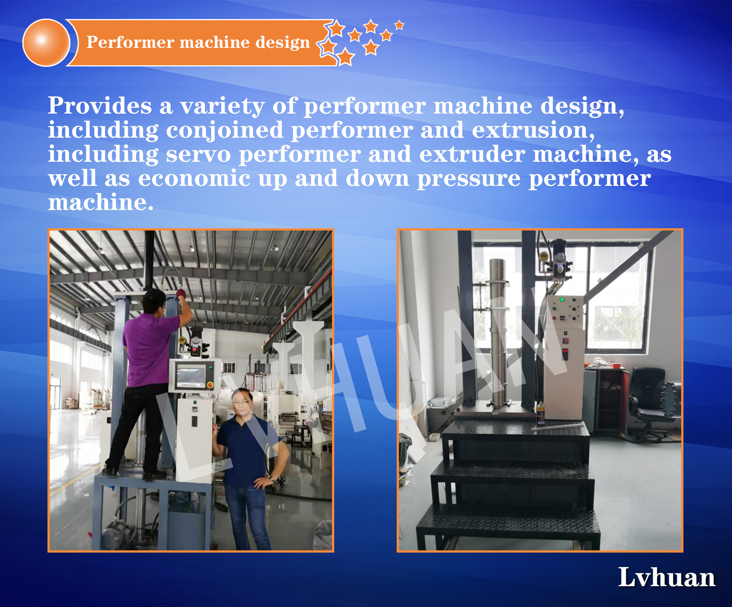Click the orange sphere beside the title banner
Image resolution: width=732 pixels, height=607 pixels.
pyautogui.click(x=46, y=43)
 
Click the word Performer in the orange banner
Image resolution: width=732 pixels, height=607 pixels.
pyautogui.click(x=130, y=42)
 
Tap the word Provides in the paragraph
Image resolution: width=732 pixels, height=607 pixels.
pyautogui.click(x=100, y=106)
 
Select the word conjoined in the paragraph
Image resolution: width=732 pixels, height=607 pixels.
pyautogui.click(x=225, y=130)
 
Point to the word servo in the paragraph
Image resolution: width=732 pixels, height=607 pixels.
pyautogui.click(x=198, y=154)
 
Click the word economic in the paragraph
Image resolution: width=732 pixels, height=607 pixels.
pyautogui.click(x=194, y=179)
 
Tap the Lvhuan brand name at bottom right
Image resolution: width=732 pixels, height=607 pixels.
pyautogui.click(x=667, y=577)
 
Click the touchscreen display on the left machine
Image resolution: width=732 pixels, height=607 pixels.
pyautogui.click(x=191, y=377)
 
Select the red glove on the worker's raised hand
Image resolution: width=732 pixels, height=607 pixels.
pyautogui.click(x=181, y=293)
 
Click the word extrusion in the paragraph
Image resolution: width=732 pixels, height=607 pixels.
pyautogui.click(x=533, y=130)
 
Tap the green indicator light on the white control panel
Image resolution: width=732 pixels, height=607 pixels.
pyautogui.click(x=562, y=300)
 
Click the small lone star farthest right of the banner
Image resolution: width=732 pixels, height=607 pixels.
pyautogui.click(x=399, y=25)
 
